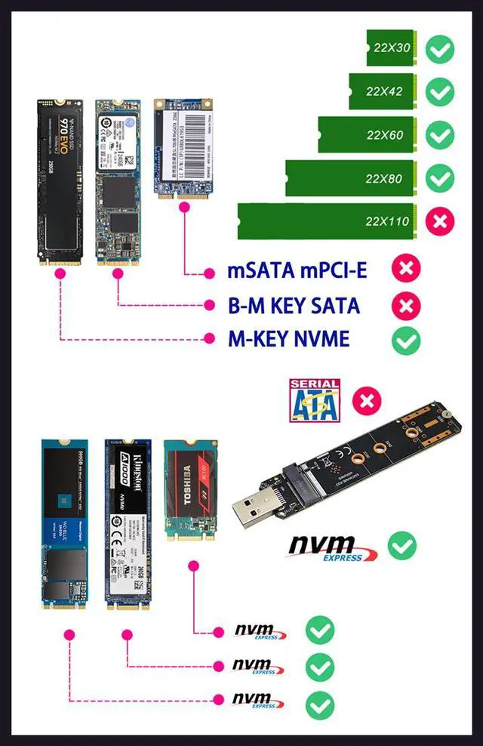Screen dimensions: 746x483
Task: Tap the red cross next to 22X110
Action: tap(438, 221)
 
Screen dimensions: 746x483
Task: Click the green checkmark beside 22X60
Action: tap(438, 135)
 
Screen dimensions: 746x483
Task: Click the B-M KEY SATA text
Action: tap(294, 306)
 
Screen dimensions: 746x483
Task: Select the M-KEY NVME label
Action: tap(289, 340)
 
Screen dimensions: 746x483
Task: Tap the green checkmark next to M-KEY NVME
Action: tap(406, 340)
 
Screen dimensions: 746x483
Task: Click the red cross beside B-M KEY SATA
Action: tap(406, 306)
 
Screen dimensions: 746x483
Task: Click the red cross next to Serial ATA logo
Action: tap(367, 399)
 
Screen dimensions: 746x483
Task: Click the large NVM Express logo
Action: tap(331, 547)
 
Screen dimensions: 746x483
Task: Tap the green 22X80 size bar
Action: tap(352, 178)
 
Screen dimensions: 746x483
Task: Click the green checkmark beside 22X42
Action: tap(438, 91)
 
